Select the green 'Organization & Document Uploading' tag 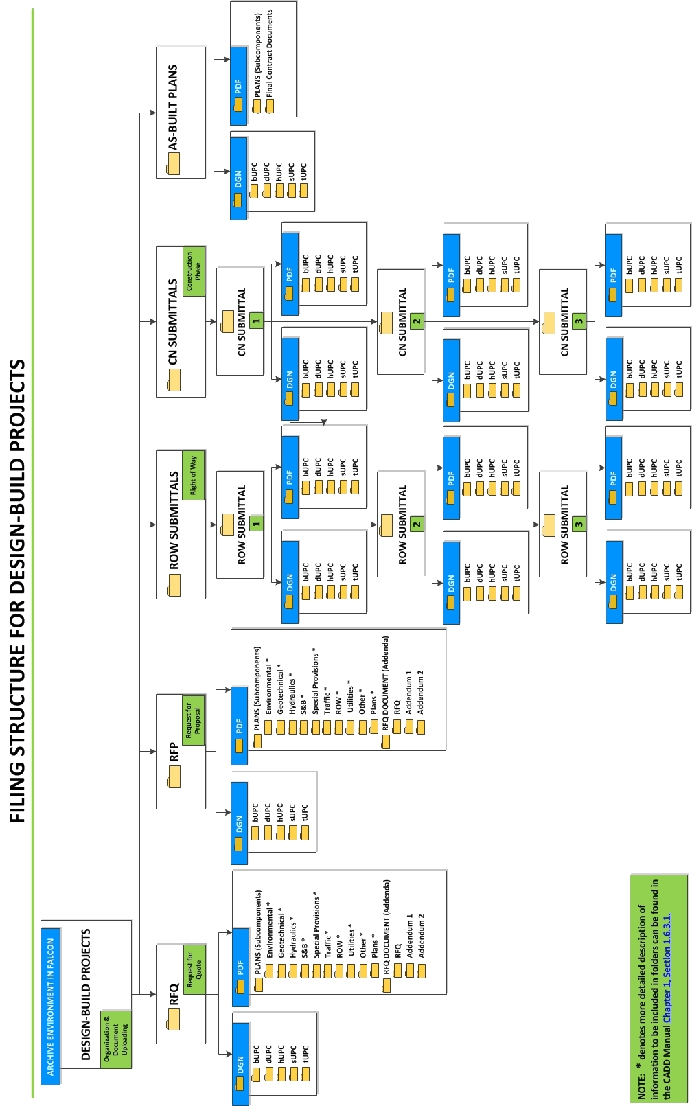click(x=115, y=1039)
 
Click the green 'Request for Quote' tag click(x=194, y=969)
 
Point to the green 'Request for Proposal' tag click(x=193, y=719)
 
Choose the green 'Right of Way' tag click(x=193, y=475)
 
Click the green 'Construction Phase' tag click(x=194, y=271)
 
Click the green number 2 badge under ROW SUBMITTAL click(x=417, y=525)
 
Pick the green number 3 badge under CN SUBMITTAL click(x=579, y=321)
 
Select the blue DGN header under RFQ click(x=240, y=1063)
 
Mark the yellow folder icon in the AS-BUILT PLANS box click(x=173, y=163)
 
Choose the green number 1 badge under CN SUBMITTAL click(x=256, y=321)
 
